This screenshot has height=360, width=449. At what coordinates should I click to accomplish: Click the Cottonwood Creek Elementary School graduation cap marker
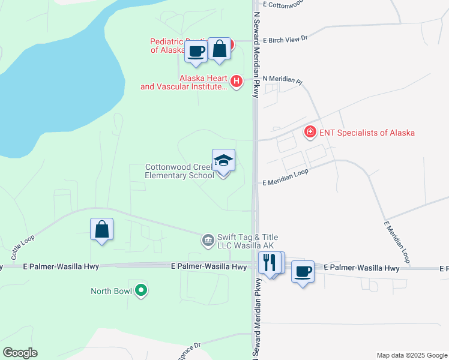223,160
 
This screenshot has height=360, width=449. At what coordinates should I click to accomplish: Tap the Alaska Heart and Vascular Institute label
184,83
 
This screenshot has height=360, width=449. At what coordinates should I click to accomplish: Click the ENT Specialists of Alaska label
367,133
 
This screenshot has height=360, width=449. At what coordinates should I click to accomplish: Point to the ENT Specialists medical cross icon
310,131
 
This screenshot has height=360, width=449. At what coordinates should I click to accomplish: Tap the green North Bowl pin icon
141,291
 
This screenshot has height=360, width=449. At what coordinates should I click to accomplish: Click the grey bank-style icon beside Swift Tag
208,241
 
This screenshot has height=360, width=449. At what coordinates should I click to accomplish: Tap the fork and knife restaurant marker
269,262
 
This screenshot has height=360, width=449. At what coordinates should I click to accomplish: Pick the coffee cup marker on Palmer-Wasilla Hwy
303,272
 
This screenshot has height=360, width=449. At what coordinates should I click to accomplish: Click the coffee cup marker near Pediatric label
196,51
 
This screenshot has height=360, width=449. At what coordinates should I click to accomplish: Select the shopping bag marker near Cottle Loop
101,229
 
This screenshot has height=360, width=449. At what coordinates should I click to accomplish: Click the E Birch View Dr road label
285,37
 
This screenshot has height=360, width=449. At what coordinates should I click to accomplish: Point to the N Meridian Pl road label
282,79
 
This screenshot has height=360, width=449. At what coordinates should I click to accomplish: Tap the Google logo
20,353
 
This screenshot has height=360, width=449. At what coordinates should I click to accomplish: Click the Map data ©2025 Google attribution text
411,355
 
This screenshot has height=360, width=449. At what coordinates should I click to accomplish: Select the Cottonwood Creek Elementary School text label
179,172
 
